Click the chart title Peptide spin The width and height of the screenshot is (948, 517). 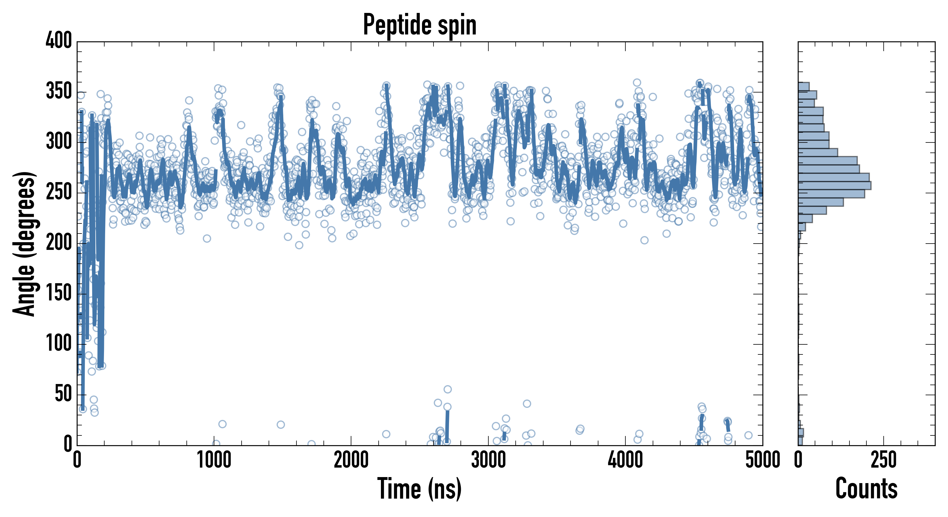(x=419, y=25)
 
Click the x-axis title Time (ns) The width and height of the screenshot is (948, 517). (x=419, y=489)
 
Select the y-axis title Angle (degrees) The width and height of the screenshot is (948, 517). (x=24, y=244)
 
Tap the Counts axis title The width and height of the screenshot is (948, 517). (x=866, y=489)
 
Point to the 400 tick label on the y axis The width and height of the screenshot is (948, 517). (x=59, y=40)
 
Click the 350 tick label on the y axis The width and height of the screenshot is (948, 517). (x=59, y=91)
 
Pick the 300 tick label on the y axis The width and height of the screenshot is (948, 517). (x=59, y=142)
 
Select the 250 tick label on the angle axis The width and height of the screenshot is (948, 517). (x=59, y=192)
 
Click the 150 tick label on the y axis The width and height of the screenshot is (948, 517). (x=59, y=293)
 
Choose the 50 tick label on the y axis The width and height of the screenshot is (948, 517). (x=63, y=394)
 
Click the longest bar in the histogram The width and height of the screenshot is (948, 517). (x=834, y=186)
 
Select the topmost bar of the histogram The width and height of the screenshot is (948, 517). (x=804, y=86)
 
